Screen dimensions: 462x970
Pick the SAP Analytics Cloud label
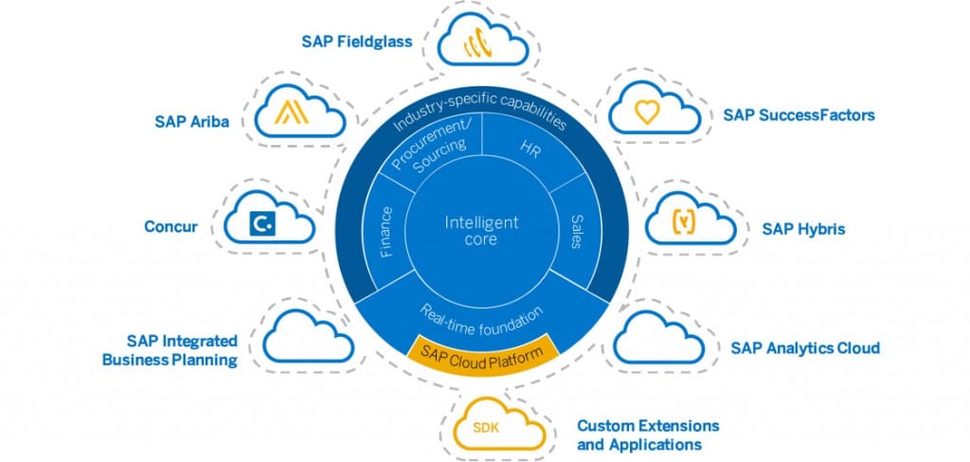pos(805,347)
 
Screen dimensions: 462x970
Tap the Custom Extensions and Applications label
pos(648,435)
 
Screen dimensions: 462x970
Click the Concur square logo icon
pos(260,223)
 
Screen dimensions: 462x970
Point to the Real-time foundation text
pos(481,315)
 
